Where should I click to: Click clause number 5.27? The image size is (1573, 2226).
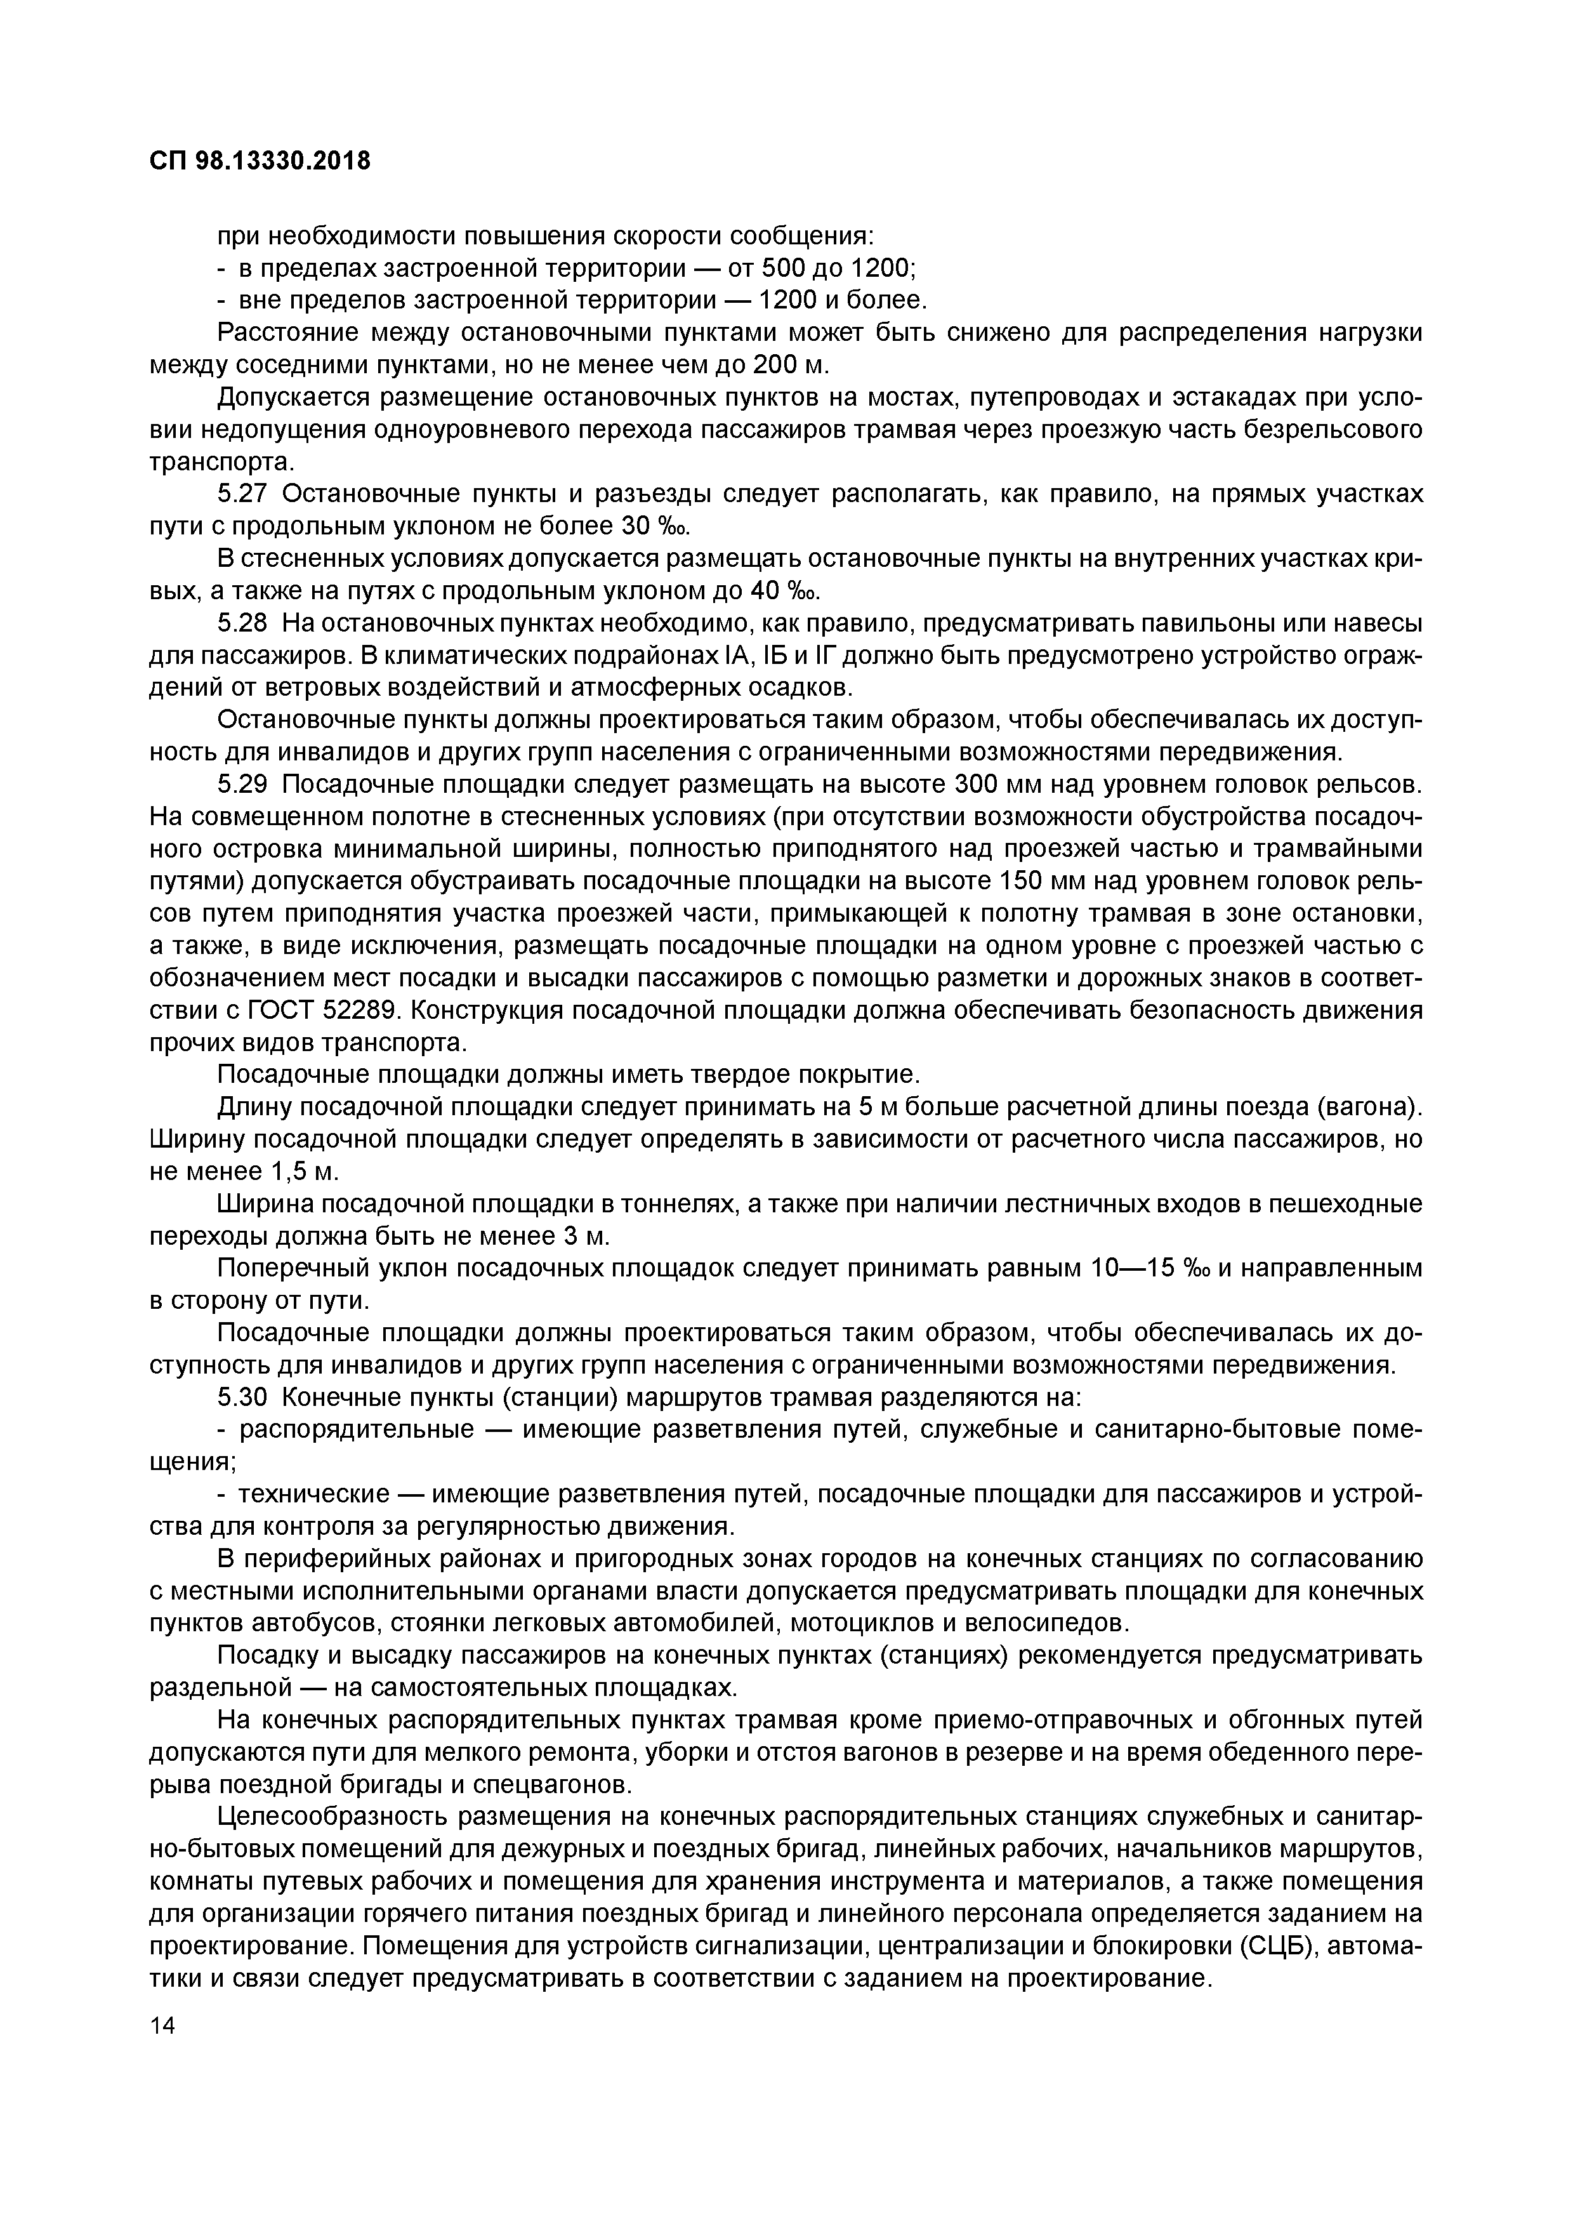[241, 494]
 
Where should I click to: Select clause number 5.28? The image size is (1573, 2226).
[241, 623]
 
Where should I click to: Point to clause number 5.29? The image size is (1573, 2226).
[241, 785]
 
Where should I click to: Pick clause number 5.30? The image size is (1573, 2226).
[241, 1397]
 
